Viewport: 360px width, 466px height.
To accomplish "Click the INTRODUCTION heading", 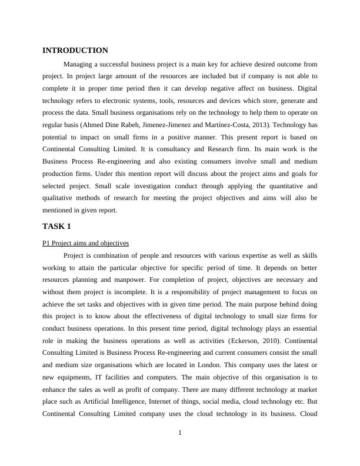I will point(75,51).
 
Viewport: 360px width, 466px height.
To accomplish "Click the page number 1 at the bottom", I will point(180,434).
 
